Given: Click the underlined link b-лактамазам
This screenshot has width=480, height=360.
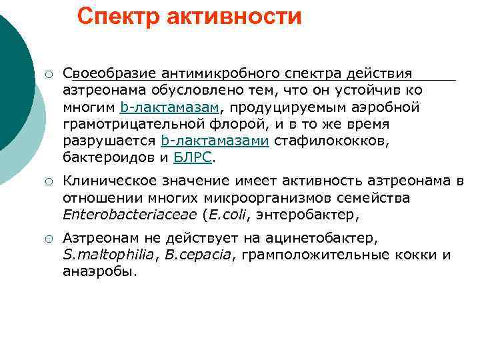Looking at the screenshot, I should tap(169, 107).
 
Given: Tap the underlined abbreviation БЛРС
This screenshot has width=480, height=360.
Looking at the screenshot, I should tap(193, 158).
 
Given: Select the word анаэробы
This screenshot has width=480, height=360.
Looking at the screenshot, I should tap(99, 271).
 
